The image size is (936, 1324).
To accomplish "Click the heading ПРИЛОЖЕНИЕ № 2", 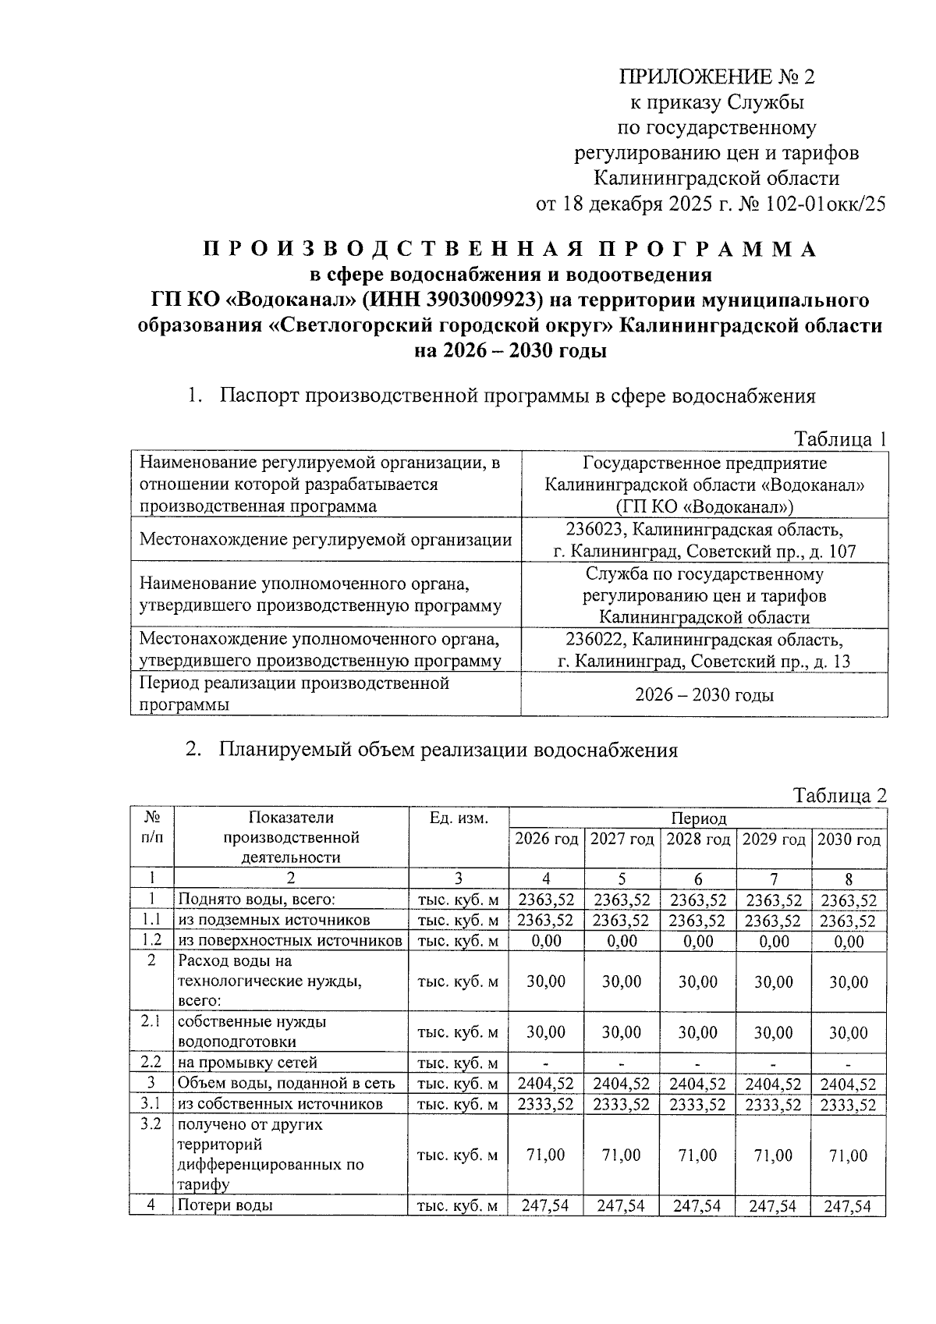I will (716, 76).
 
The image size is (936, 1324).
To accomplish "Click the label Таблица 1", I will (840, 439).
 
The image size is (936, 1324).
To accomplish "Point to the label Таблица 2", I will (840, 796).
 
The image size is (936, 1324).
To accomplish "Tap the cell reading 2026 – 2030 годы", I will (704, 694).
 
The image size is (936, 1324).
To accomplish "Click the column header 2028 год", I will (697, 839).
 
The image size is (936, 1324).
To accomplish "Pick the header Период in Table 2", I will (697, 818).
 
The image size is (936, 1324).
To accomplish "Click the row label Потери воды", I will (225, 1205).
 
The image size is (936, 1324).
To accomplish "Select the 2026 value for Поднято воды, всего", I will (546, 900).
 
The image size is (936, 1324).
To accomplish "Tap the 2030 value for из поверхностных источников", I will (849, 942).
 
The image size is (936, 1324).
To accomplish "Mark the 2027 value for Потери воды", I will (622, 1205).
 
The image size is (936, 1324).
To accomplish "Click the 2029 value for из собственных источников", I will (773, 1105).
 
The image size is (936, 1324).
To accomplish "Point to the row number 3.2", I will (151, 1125).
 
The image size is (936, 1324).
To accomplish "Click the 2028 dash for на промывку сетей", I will (697, 1063).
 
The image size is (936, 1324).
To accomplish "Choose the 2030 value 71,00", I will (849, 1155).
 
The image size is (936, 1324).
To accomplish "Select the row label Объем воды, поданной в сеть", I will (286, 1084).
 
